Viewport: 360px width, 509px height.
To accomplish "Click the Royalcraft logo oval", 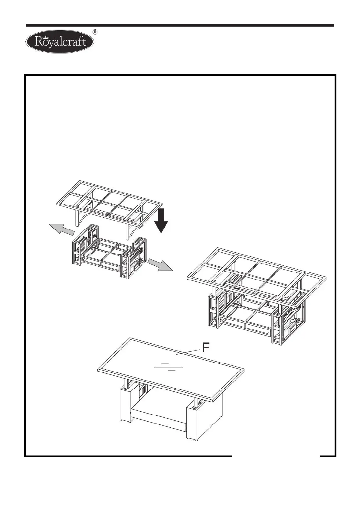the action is tap(60, 42).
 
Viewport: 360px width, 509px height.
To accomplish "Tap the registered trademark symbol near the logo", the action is tap(96, 32).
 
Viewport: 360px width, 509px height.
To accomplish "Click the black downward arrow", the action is tap(161, 220).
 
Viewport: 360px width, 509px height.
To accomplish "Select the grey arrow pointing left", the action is tap(61, 229).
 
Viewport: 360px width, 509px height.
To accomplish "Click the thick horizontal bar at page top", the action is tap(180, 25).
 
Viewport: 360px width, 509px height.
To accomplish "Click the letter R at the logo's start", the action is tap(38, 43).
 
